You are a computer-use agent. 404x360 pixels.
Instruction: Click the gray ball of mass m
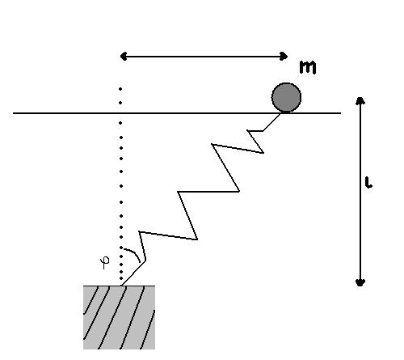point(286,97)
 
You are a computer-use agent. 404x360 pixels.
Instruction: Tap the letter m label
point(308,67)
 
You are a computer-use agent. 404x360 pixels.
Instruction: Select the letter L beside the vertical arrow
point(368,183)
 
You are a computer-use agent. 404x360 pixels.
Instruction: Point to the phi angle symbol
point(105,262)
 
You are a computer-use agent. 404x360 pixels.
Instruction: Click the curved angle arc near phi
point(134,252)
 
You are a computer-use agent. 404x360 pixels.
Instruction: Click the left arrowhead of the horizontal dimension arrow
point(124,57)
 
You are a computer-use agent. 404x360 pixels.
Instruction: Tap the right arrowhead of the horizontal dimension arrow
point(284,57)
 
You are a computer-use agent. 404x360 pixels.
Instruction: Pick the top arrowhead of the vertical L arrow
point(360,100)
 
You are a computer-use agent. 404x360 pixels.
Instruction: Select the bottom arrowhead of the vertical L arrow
point(360,282)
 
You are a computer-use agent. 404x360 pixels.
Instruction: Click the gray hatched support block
point(119,317)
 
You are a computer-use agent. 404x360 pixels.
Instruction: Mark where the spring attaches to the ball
point(280,113)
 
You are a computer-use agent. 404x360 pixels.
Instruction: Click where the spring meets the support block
point(122,286)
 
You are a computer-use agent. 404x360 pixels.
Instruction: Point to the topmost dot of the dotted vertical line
point(120,89)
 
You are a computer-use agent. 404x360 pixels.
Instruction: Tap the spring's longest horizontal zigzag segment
point(208,192)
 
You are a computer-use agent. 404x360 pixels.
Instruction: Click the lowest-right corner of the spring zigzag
point(197,239)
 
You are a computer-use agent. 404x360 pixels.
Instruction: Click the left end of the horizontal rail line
point(13,113)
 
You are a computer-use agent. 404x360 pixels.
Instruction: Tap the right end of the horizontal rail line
point(341,113)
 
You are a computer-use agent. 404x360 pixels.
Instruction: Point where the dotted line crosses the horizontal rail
point(120,113)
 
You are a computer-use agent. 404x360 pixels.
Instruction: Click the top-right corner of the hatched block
point(155,286)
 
